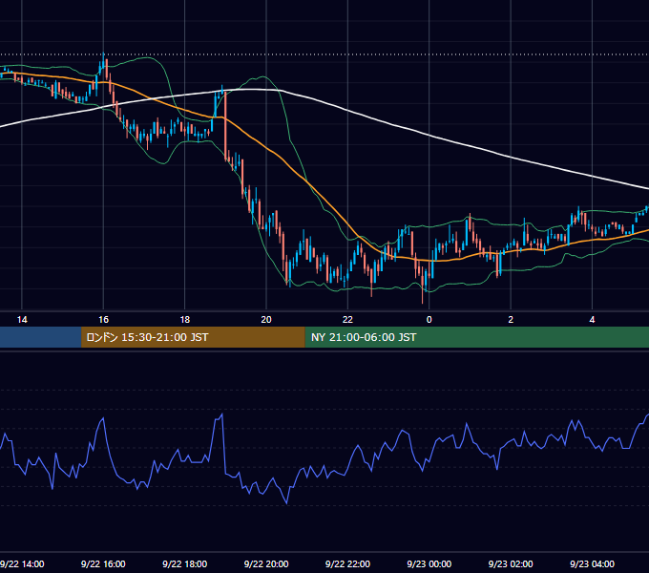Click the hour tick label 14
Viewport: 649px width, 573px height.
[22, 320]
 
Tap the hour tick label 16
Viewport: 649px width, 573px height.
[103, 320]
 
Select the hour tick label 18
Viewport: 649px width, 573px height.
[185, 320]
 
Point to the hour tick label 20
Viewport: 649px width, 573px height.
[266, 320]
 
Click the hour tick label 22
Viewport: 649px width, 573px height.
[347, 320]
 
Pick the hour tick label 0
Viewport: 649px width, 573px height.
[429, 320]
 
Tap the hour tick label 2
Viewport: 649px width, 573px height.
[511, 320]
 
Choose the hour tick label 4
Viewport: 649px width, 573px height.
[593, 320]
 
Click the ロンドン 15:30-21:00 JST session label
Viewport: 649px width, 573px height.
[147, 337]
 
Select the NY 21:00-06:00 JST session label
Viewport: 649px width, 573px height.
[364, 337]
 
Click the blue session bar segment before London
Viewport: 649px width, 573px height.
[40, 337]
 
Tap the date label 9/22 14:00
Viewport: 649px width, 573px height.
[22, 563]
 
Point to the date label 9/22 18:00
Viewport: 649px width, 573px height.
[185, 563]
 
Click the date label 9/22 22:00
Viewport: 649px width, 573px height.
[347, 563]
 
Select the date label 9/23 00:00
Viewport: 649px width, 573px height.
[429, 563]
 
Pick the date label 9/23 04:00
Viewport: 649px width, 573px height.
[593, 563]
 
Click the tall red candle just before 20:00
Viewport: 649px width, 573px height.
[225, 124]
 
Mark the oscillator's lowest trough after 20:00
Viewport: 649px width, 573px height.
[287, 503]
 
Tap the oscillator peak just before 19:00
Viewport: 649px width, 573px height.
[222, 414]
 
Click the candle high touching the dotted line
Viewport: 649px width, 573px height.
[103, 53]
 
